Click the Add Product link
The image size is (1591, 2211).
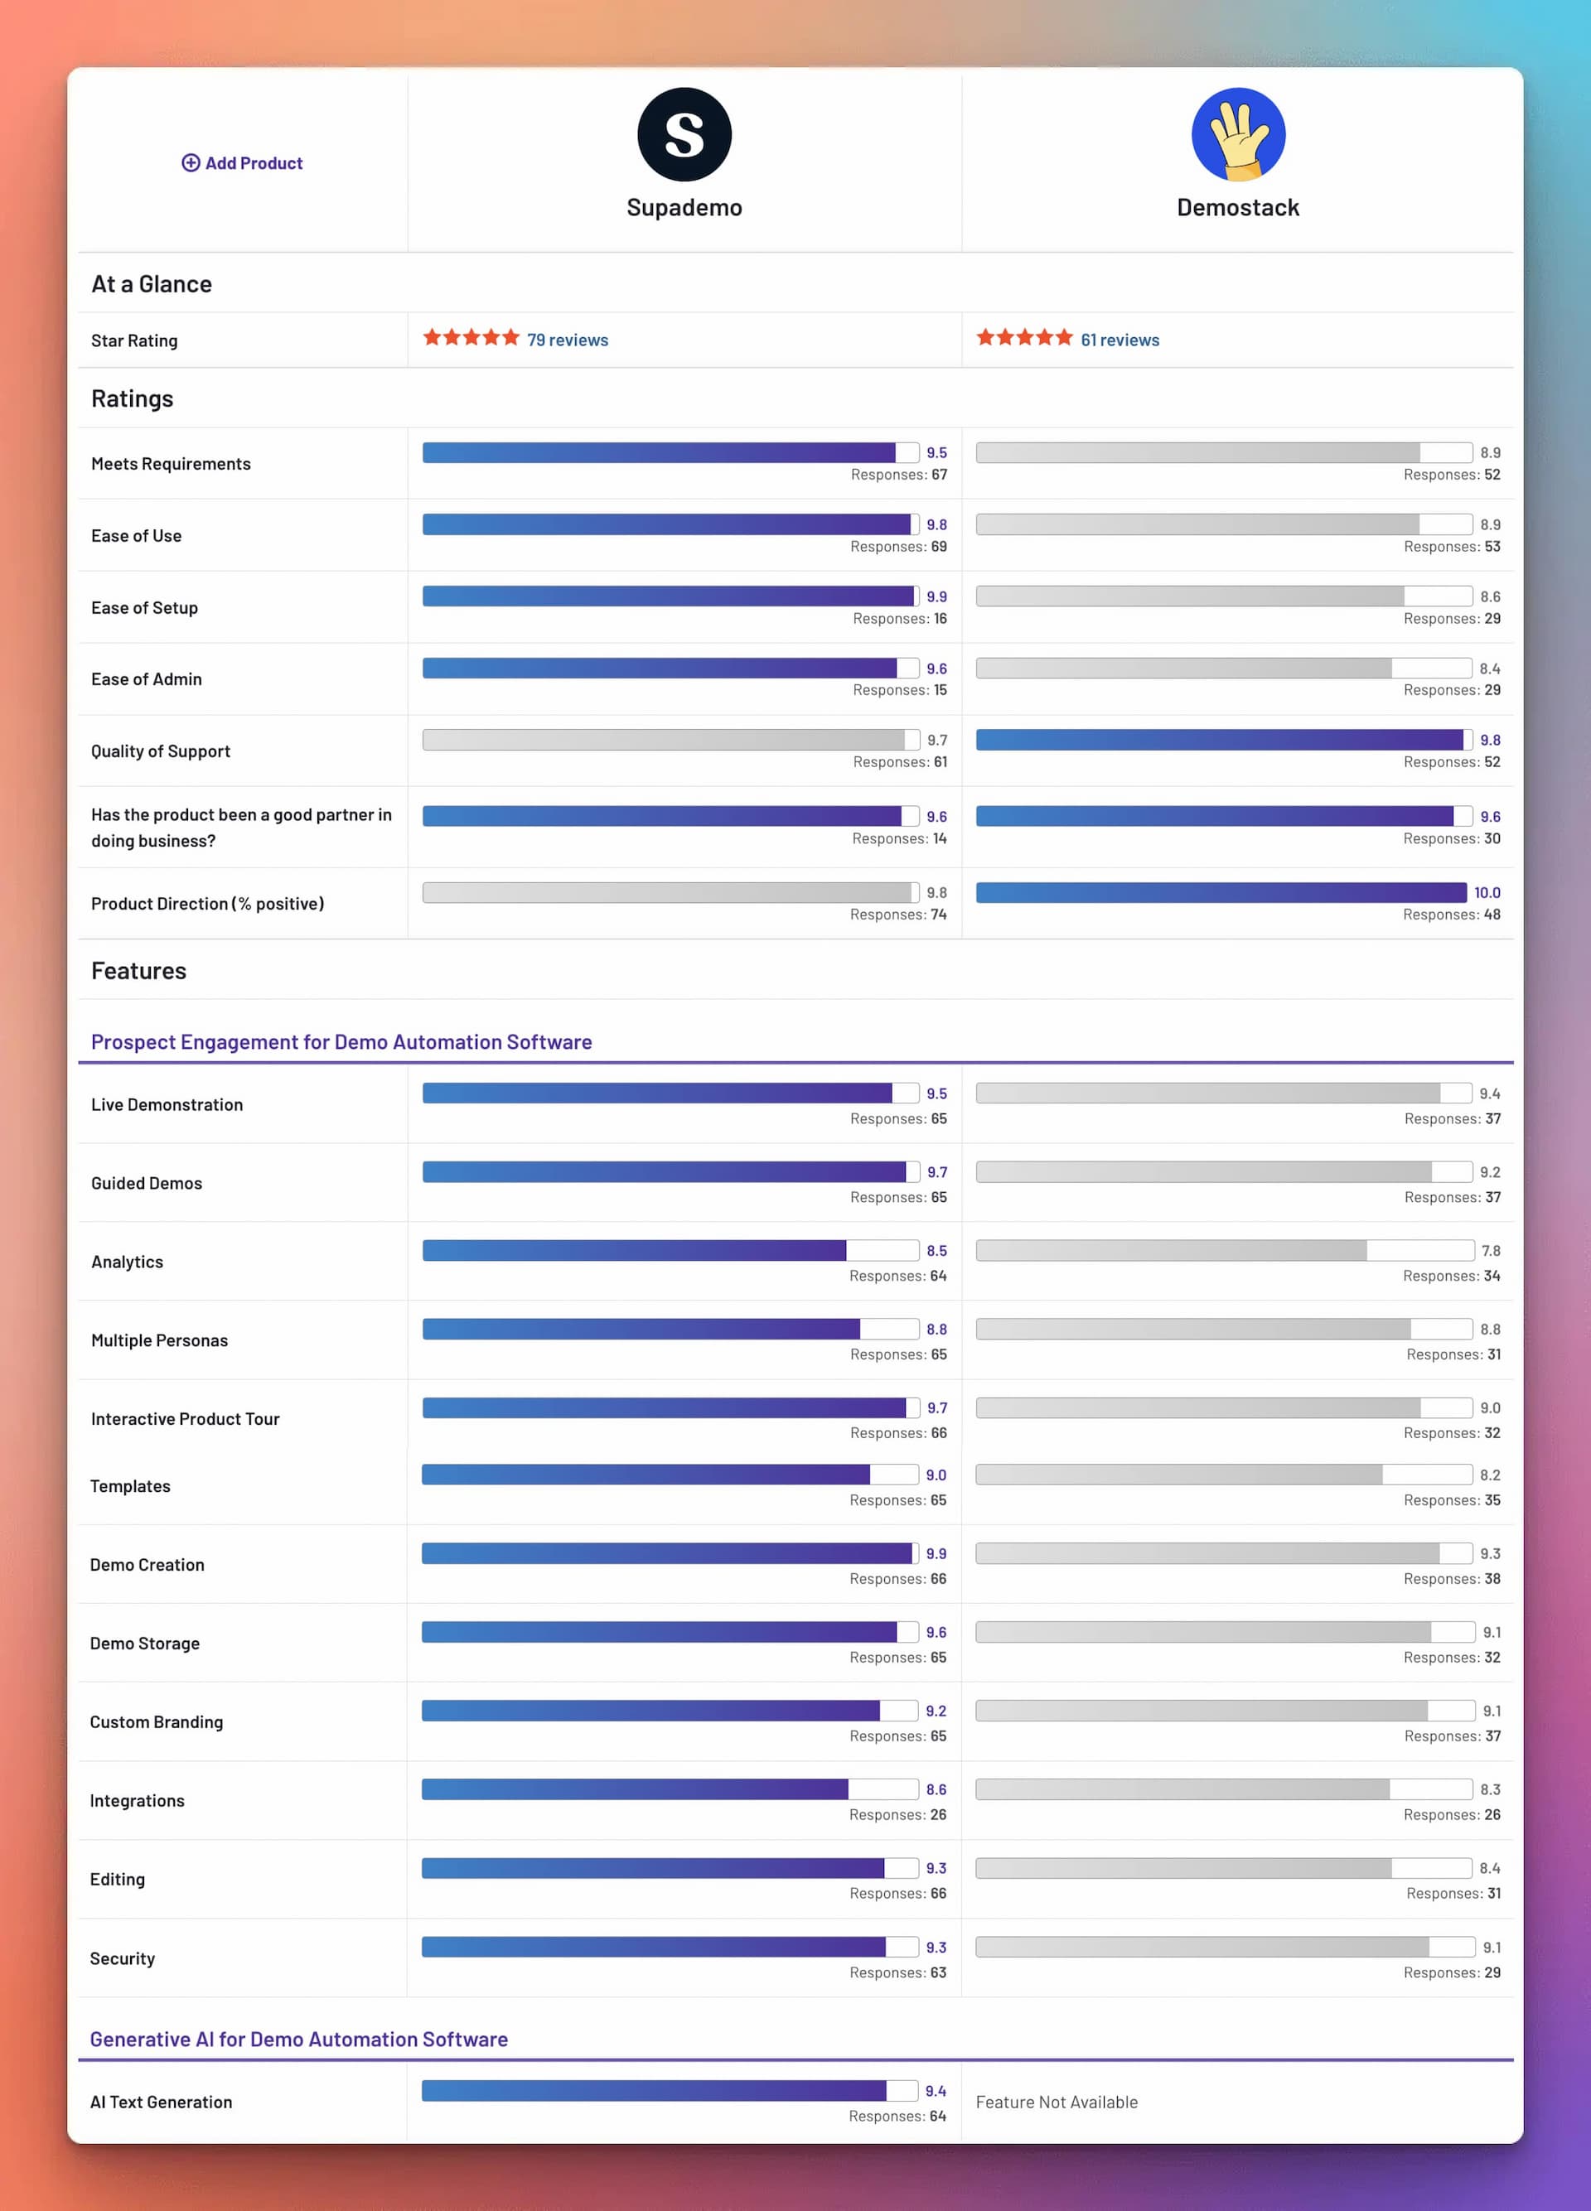tap(242, 163)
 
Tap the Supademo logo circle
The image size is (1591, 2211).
tap(684, 134)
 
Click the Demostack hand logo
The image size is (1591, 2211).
tap(1238, 134)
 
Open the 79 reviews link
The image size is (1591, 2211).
tap(568, 340)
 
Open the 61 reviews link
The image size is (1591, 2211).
tap(1120, 340)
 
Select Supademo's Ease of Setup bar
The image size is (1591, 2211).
tap(670, 596)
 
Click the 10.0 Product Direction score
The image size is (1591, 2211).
tap(1487, 893)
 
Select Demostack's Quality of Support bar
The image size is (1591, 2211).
tap(1223, 740)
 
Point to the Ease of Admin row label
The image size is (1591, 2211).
tap(146, 679)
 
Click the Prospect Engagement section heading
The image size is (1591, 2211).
tap(341, 1042)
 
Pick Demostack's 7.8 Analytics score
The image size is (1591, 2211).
tap(1491, 1251)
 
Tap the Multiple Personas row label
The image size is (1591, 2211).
tap(159, 1340)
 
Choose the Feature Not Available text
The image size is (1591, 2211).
tap(1057, 2102)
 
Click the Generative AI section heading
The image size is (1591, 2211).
tap(298, 2040)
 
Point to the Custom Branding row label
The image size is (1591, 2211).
tap(156, 1721)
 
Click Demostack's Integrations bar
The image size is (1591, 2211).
tap(1223, 1789)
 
